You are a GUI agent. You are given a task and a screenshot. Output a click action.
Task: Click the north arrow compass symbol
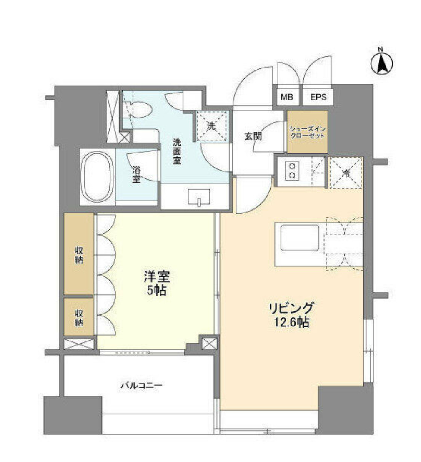[381, 63]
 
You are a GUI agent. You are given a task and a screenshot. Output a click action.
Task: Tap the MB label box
[286, 97]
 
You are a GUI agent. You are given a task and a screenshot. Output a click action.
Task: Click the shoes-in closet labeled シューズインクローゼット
[307, 132]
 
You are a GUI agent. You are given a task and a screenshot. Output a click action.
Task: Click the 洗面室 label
[177, 151]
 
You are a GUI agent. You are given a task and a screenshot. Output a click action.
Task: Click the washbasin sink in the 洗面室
[198, 196]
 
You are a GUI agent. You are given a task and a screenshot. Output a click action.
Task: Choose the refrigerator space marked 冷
[346, 173]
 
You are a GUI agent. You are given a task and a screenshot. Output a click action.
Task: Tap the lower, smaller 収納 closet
[78, 317]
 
